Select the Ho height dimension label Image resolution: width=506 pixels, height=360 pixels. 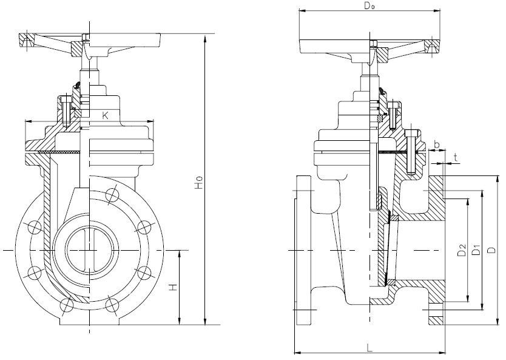(x=197, y=185)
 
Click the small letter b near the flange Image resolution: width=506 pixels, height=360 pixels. (x=437, y=145)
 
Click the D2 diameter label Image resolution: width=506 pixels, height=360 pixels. (x=461, y=249)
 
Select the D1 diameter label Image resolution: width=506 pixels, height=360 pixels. (x=476, y=249)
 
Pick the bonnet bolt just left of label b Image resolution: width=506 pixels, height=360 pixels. (x=413, y=152)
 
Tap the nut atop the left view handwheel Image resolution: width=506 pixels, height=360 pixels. (x=86, y=39)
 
